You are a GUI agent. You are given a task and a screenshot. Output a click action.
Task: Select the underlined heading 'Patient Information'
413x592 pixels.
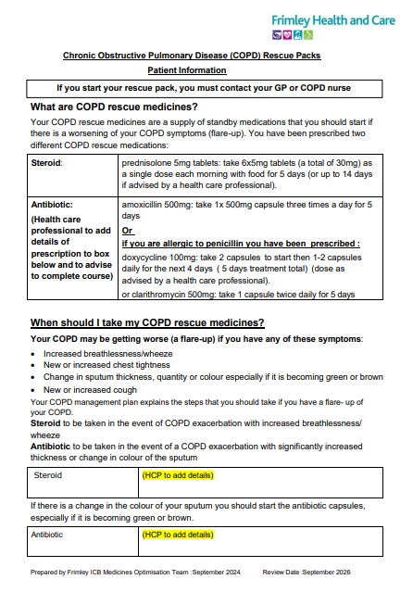(186, 70)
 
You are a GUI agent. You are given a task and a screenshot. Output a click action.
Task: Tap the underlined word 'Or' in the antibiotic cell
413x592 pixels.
(128, 230)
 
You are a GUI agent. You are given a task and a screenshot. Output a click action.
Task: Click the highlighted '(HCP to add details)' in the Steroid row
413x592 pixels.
(177, 475)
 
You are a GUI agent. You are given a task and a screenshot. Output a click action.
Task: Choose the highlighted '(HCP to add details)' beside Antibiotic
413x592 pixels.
(177, 535)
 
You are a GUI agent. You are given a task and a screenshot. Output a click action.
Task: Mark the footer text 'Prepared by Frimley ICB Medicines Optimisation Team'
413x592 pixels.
(114, 573)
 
